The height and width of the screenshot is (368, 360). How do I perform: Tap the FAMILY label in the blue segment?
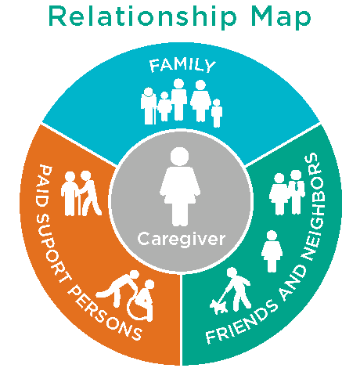click(x=182, y=65)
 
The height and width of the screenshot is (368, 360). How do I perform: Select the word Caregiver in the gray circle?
click(x=181, y=239)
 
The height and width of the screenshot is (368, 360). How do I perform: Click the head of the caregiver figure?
click(x=179, y=156)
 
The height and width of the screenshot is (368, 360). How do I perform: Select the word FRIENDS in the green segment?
click(x=240, y=322)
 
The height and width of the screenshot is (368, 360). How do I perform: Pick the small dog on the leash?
click(x=218, y=306)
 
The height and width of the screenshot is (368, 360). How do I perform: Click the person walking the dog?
click(x=237, y=289)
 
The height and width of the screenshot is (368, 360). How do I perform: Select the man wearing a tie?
click(x=297, y=192)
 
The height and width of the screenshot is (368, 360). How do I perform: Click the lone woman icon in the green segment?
click(x=272, y=251)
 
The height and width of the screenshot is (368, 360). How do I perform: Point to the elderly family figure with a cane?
click(x=149, y=106)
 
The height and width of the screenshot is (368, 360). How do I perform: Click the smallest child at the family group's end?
click(x=217, y=113)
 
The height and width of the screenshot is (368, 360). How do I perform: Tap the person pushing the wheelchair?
click(x=121, y=287)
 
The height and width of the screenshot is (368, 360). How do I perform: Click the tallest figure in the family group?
click(x=178, y=99)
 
